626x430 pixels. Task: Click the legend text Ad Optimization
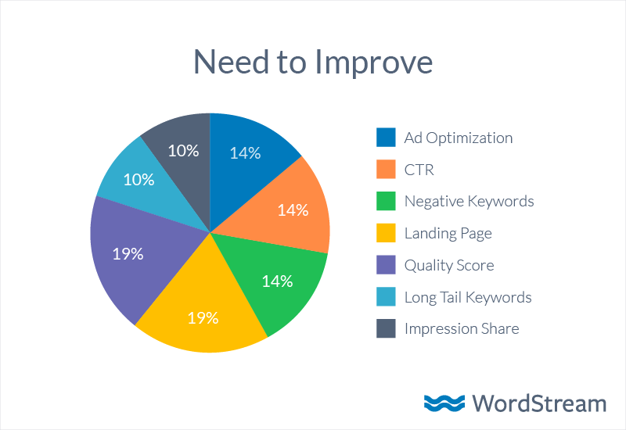click(x=459, y=138)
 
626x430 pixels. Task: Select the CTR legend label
click(x=419, y=170)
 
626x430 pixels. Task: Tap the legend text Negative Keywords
click(x=469, y=201)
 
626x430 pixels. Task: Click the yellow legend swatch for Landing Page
click(x=386, y=233)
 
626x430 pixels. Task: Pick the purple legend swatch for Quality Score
click(x=386, y=265)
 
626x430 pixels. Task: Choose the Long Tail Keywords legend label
click(x=468, y=297)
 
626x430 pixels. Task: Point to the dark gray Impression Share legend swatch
click(x=386, y=329)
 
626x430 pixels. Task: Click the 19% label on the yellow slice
click(x=202, y=318)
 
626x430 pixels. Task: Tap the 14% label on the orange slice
click(x=293, y=210)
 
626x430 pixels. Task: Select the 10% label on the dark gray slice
click(x=183, y=151)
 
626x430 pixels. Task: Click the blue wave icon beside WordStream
click(x=444, y=403)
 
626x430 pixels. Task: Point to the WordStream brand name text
click(x=538, y=403)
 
